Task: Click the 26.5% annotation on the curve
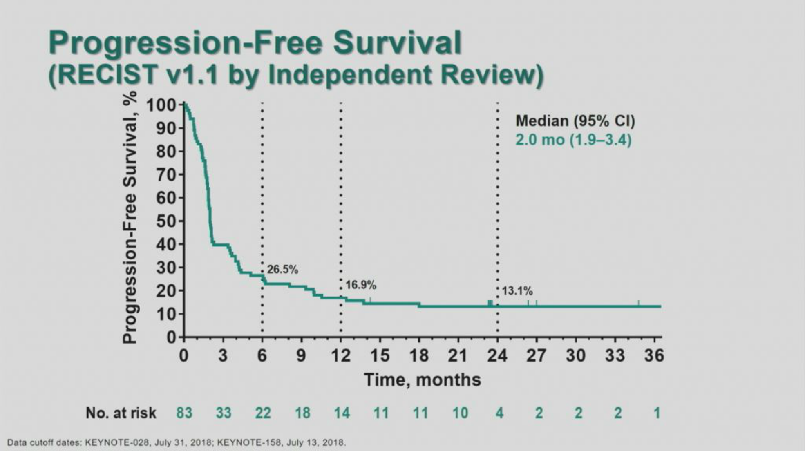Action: [282, 270]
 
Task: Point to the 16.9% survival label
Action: [361, 285]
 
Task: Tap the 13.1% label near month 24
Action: [517, 291]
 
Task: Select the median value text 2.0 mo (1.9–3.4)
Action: [573, 140]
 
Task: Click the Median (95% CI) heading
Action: [575, 121]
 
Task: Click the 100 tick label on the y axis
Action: [161, 105]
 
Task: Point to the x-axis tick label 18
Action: [419, 356]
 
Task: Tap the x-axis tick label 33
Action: [615, 356]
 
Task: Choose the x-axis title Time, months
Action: [423, 380]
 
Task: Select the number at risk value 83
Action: [184, 413]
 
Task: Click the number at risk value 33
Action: [223, 413]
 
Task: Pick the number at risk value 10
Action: [460, 413]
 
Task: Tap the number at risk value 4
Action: [499, 413]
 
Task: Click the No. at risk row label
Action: [121, 413]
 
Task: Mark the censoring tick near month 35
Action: [638, 303]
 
